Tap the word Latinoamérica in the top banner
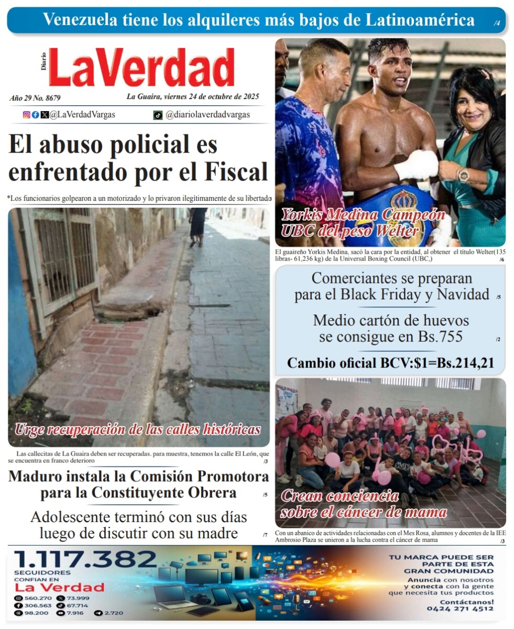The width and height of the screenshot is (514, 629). tap(420, 20)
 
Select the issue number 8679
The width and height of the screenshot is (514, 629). tap(50, 98)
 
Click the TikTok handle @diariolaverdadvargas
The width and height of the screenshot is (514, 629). tap(207, 115)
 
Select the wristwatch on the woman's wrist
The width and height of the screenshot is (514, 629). tap(463, 175)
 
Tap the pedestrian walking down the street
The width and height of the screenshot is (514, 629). tap(198, 225)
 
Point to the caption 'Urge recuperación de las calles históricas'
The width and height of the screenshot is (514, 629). tap(137, 430)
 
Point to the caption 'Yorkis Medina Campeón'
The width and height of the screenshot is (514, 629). tap(363, 215)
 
